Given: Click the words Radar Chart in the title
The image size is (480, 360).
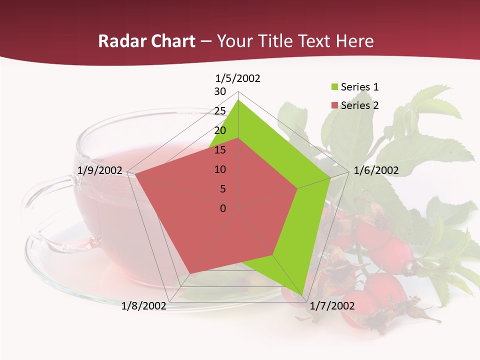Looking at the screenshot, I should point(146,41).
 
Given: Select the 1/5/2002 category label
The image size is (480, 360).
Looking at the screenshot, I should point(238,78).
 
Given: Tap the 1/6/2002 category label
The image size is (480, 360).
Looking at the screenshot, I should point(376,170).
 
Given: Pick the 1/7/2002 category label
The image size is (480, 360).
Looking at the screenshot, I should point(332,306).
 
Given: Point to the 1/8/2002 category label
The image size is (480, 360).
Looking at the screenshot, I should point(144,306).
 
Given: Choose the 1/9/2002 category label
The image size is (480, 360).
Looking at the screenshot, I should point(100,170).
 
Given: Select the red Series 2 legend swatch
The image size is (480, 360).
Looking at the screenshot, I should point(334,105).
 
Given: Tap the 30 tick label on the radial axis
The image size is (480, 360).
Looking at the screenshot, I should point(220,91).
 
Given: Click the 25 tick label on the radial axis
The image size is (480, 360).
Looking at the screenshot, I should point(220,111).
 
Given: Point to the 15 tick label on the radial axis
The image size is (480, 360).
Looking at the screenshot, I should point(220,150).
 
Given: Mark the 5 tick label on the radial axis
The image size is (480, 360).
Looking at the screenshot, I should point(222,189).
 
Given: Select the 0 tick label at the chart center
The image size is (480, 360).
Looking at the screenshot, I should point(223,208).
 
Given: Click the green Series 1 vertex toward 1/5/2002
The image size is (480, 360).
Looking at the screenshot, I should point(238,100).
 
